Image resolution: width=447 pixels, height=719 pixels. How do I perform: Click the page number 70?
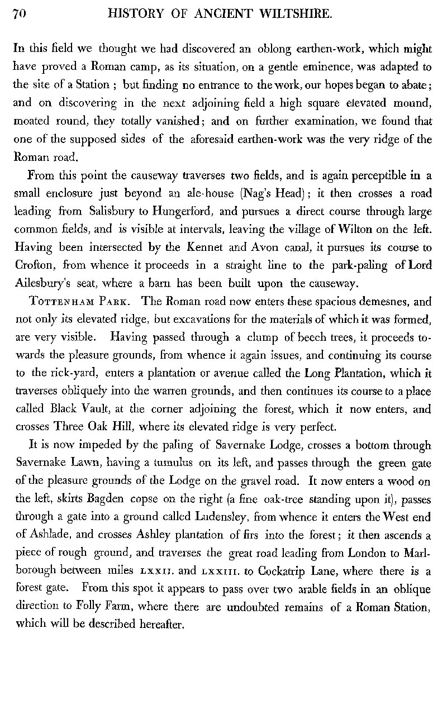click(20, 15)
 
